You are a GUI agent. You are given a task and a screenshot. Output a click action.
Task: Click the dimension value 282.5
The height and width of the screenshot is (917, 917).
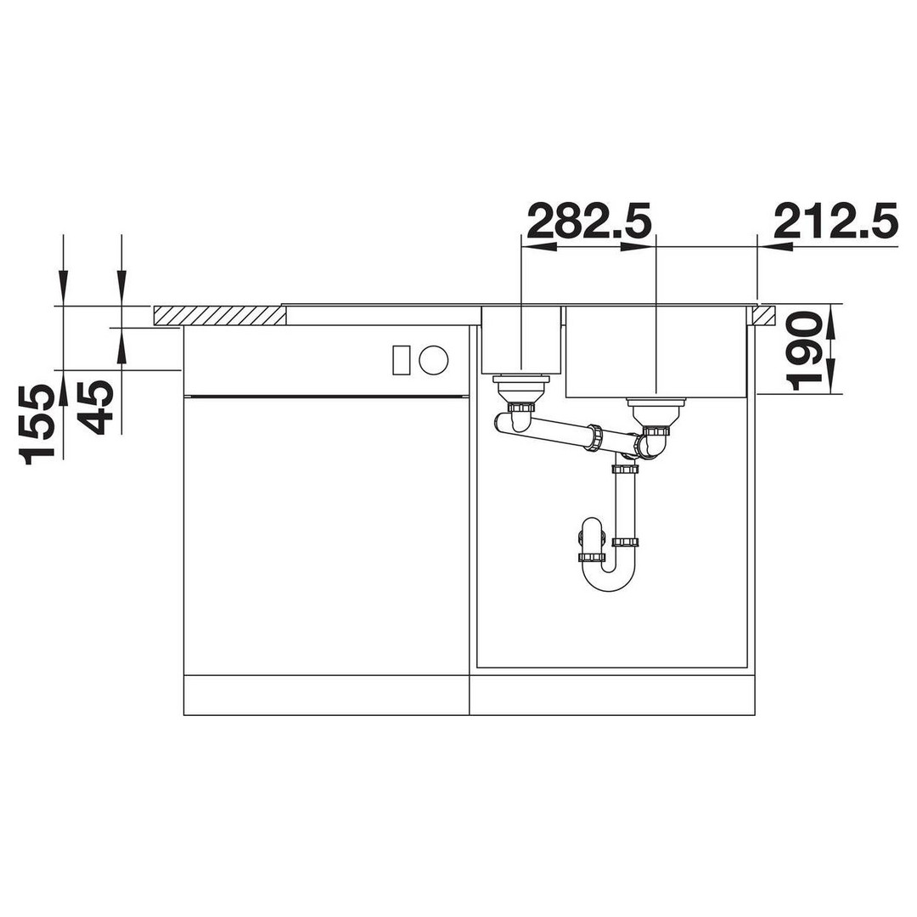(589, 221)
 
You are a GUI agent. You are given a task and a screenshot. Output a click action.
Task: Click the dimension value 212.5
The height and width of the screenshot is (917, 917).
(836, 221)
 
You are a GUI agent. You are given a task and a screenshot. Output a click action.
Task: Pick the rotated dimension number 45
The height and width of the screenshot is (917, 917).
(95, 407)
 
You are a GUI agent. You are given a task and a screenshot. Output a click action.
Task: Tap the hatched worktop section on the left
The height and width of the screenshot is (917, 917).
(219, 316)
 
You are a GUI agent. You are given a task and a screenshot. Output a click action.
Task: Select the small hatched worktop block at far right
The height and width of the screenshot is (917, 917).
(765, 315)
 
